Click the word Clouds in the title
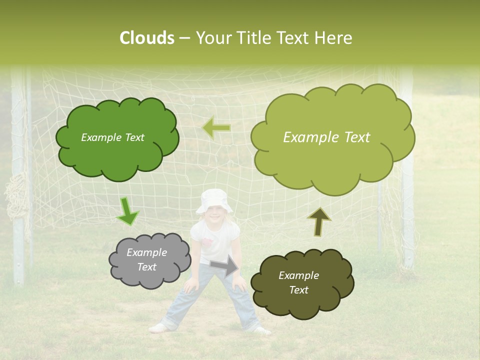[146, 38]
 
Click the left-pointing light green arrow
[217, 128]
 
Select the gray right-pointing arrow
[224, 266]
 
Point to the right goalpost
[407, 200]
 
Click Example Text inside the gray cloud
[146, 259]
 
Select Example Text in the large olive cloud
[326, 137]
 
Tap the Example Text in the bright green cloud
[112, 137]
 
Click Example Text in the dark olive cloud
[298, 282]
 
